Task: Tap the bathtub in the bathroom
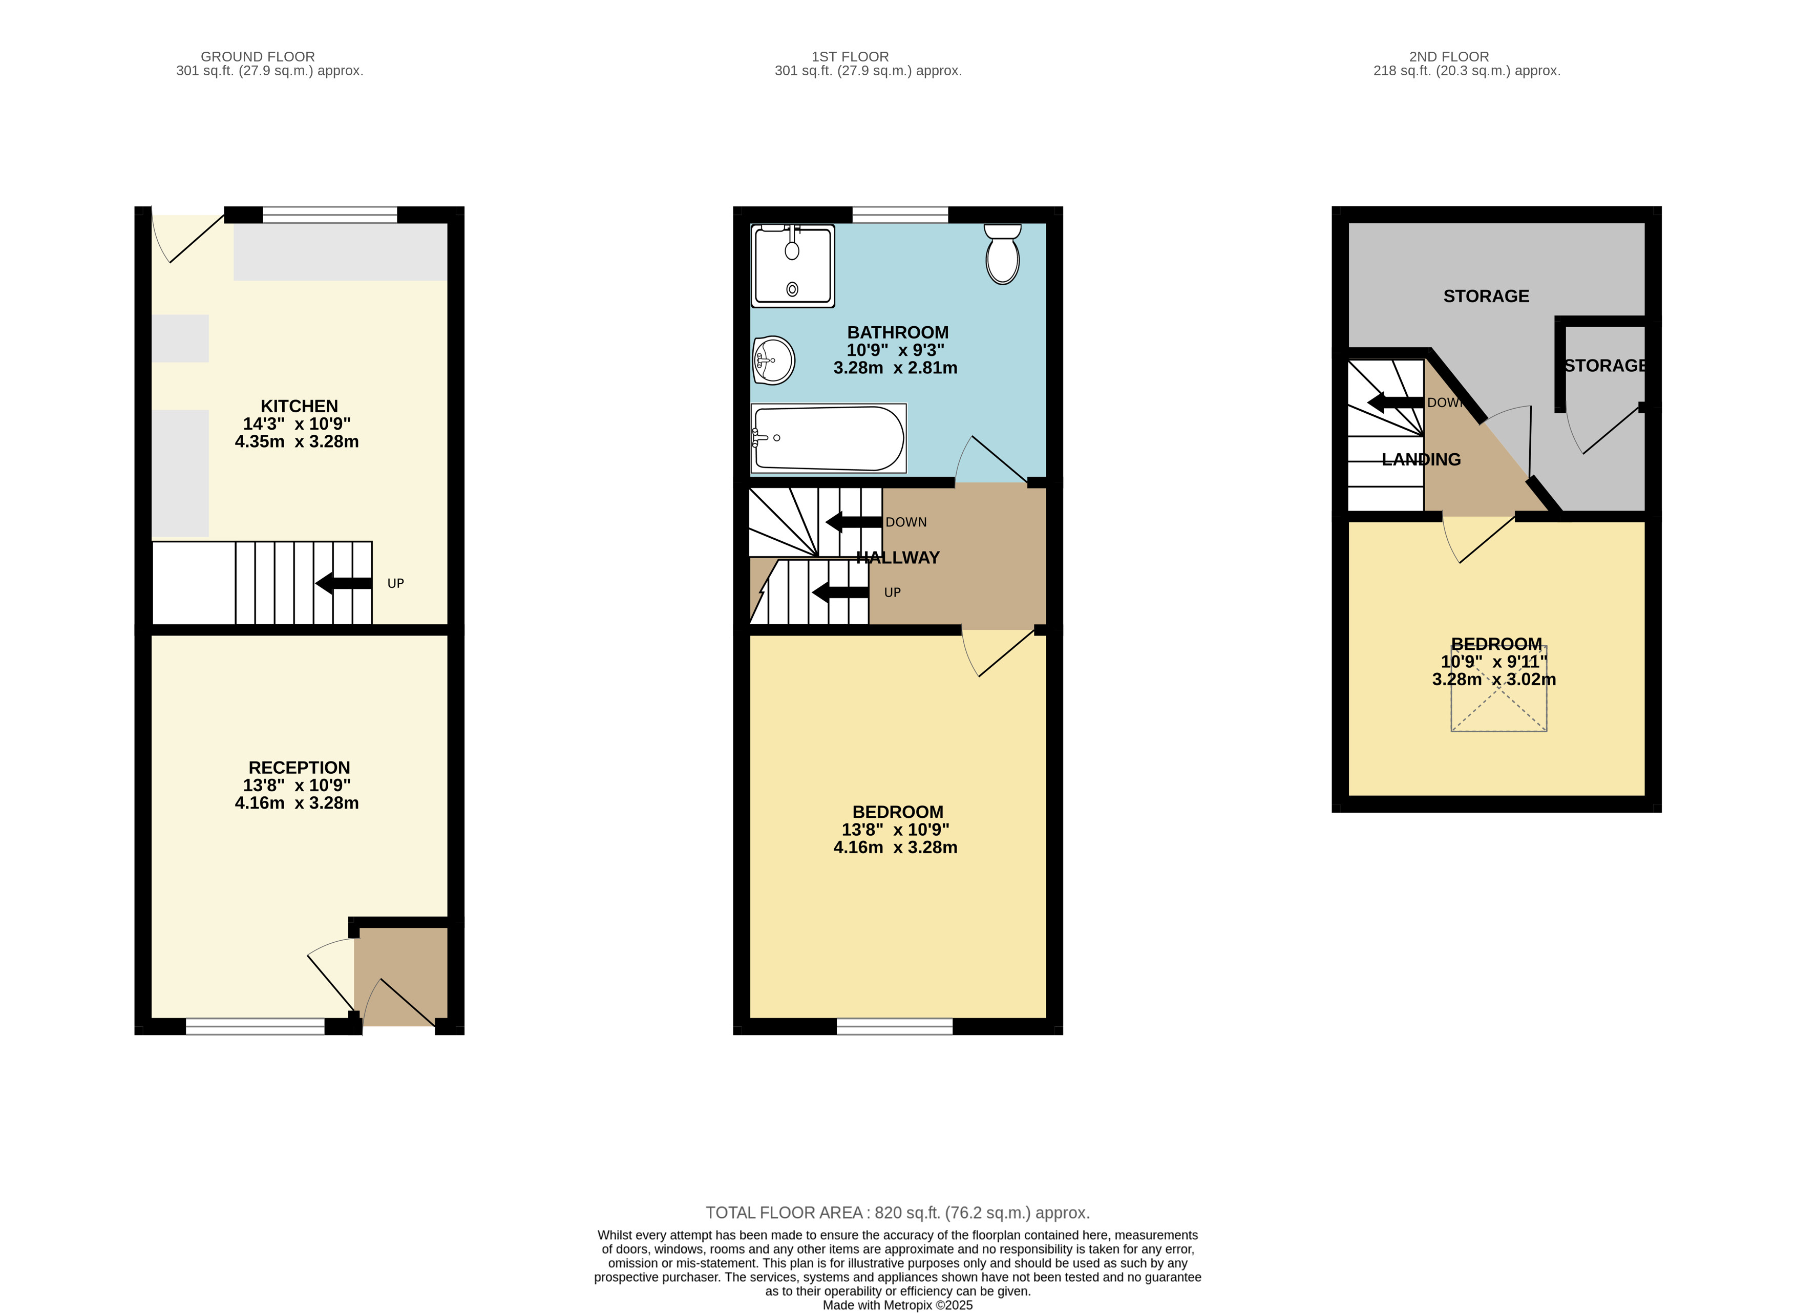tap(828, 438)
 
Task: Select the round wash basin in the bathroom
tap(773, 360)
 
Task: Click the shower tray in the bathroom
tap(792, 265)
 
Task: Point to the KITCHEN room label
tap(299, 406)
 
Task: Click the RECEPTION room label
tap(299, 768)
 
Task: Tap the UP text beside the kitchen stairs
tap(395, 583)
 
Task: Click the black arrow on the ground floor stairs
tap(343, 583)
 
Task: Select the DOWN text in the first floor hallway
tap(906, 522)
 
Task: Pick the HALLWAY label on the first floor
tap(898, 558)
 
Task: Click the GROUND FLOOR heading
tap(258, 56)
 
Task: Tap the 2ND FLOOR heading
tap(1449, 56)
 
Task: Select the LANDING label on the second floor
tap(1421, 459)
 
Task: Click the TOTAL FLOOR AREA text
tap(898, 1212)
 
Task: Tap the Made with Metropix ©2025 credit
tap(898, 1304)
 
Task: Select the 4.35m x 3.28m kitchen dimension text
tap(297, 442)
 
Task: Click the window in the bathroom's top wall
tap(900, 215)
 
